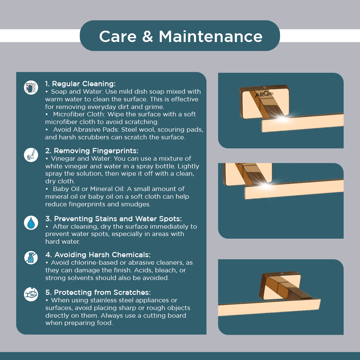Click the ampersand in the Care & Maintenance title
pos(148,37)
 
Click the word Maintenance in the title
pos(211,37)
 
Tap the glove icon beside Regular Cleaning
pos(31,87)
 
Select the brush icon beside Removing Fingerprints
pos(31,155)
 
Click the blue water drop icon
pos(31,223)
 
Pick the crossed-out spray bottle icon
pos(31,258)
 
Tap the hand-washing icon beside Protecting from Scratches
pos(31,294)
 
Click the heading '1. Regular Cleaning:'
pos(80,84)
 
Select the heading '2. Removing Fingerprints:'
pos(92,151)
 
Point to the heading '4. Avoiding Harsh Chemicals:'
pos(98,255)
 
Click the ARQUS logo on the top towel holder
pos(264,94)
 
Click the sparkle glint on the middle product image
pos(265,185)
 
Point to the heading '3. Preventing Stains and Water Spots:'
pos(113,219)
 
